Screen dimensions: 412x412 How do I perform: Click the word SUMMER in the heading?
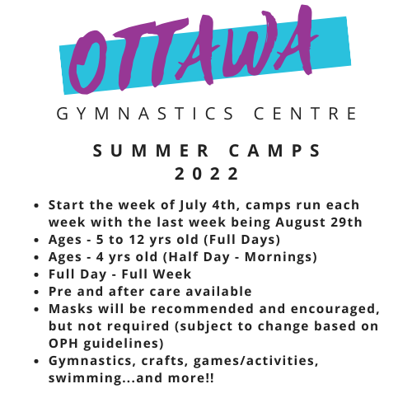tap(166, 152)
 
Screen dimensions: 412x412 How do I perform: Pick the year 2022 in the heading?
tap(207, 174)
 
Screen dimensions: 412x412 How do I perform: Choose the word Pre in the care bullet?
tap(61, 291)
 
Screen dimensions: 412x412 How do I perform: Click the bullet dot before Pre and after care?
tap(38, 292)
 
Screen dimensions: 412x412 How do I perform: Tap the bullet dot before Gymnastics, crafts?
tap(38, 361)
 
